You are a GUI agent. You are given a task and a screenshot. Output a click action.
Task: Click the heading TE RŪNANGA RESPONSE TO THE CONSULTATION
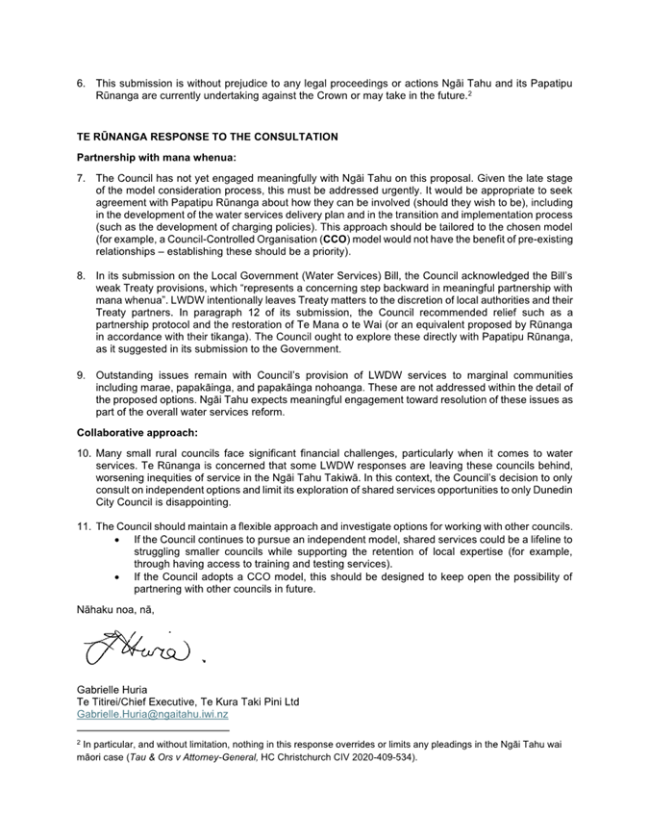point(207,137)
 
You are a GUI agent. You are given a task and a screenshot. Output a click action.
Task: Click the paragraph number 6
point(81,84)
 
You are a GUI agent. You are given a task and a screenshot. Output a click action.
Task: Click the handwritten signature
point(139,655)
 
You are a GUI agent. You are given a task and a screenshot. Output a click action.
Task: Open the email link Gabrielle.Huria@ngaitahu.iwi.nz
point(152,716)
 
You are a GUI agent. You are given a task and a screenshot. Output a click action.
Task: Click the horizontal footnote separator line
point(153,730)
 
